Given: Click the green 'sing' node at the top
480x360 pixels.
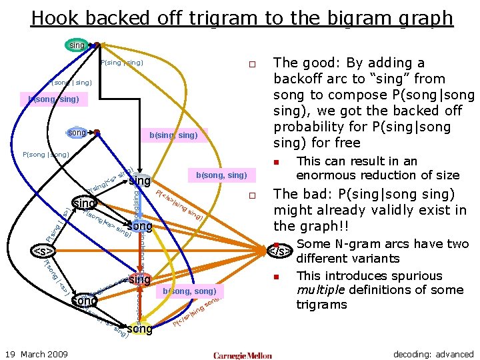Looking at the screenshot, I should point(77,45).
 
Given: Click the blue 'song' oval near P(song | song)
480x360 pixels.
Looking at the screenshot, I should point(78,133).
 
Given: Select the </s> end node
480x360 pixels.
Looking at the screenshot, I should point(279,251).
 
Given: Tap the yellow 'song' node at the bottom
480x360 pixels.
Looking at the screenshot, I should point(139,329).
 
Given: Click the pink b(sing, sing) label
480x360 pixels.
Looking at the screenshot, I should point(173,136).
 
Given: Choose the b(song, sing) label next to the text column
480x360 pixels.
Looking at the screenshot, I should point(221,175).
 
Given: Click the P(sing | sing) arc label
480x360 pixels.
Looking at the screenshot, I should point(121,63).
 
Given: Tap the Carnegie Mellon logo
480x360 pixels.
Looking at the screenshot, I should point(243,355).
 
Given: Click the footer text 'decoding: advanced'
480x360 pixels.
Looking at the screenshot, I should point(433,354).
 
